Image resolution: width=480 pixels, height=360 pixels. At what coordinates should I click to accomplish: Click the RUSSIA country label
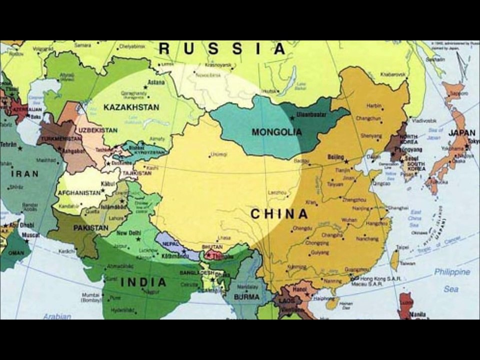pyautogui.click(x=222, y=49)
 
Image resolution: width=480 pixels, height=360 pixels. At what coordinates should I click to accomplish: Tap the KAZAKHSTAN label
pyautogui.click(x=131, y=107)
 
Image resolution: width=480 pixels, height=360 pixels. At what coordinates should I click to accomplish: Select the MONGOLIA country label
pyautogui.click(x=277, y=132)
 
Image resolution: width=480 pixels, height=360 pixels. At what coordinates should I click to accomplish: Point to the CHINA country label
pyautogui.click(x=279, y=214)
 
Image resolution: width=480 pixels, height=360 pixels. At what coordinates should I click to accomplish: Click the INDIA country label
pyautogui.click(x=143, y=282)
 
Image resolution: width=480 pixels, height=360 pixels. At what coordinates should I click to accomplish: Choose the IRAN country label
pyautogui.click(x=25, y=173)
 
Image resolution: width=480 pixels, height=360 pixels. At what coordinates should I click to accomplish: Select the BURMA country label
pyautogui.click(x=247, y=297)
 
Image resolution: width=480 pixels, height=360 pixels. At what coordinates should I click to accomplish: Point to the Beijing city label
pyautogui.click(x=335, y=157)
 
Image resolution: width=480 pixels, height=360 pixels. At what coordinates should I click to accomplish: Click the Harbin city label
pyautogui.click(x=374, y=106)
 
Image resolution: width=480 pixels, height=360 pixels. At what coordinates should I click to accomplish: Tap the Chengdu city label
pyautogui.click(x=302, y=228)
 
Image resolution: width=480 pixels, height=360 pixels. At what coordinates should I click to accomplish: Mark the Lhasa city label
pyautogui.click(x=224, y=238)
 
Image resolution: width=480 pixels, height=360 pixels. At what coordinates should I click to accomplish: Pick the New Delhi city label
pyautogui.click(x=128, y=233)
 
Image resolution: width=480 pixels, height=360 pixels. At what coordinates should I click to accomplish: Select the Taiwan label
pyautogui.click(x=407, y=263)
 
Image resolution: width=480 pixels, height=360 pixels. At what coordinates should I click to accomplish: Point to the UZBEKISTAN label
pyautogui.click(x=97, y=130)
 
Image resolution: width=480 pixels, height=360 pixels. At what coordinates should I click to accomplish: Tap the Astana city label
pyautogui.click(x=156, y=82)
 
